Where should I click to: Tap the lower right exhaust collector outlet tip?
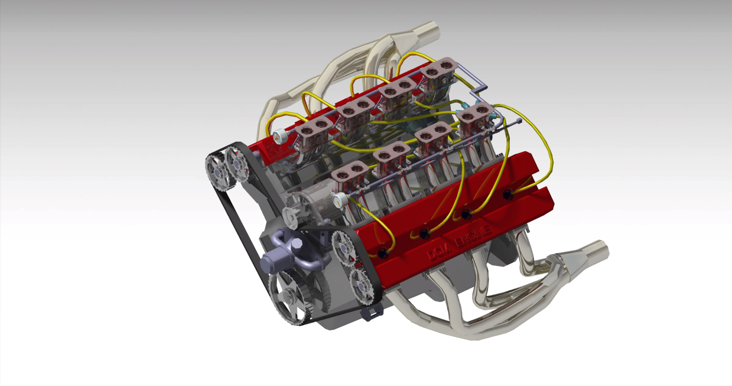(x=598, y=250)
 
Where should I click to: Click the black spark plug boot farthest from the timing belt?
(x=507, y=194)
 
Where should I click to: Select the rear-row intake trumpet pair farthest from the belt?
(x=438, y=71)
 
